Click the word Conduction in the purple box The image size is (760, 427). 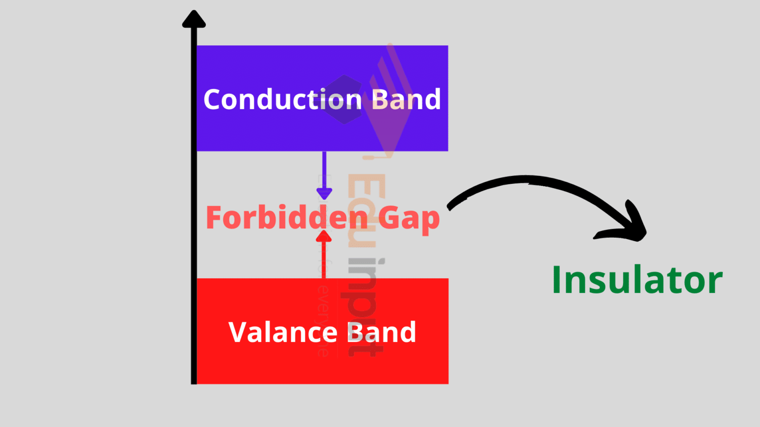283,99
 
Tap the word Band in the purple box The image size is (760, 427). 406,99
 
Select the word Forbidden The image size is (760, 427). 287,217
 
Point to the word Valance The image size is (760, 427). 282,332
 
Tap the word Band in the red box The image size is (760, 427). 381,332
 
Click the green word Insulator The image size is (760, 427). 637,280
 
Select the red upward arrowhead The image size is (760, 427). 324,237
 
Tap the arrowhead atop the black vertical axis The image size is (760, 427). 194,19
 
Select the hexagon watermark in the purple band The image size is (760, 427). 344,99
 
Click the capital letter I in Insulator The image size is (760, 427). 557,280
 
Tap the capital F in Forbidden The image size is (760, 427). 214,217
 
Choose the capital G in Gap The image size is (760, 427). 389,217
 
